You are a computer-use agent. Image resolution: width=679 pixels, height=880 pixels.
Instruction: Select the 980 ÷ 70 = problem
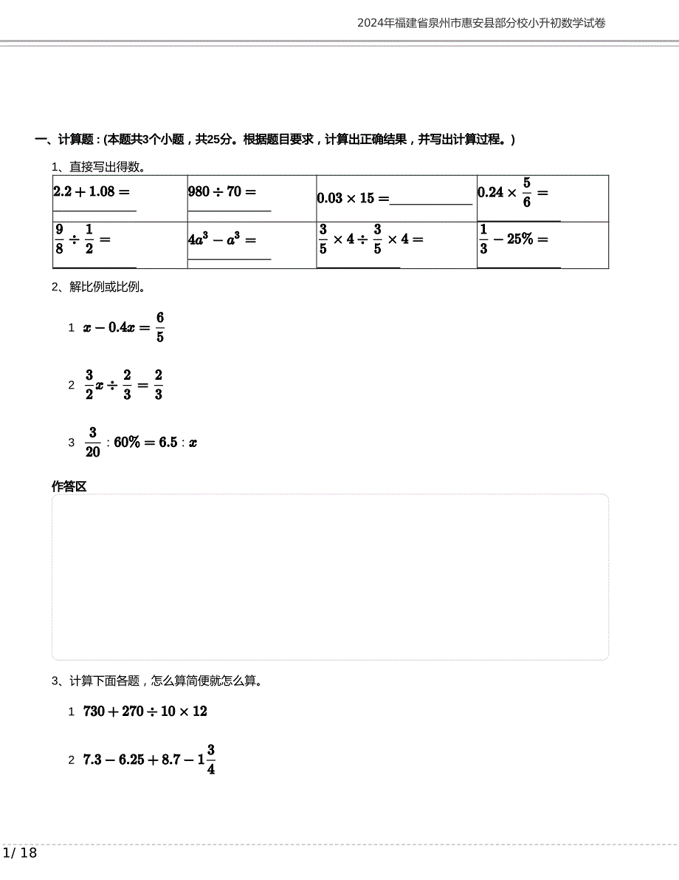[222, 192]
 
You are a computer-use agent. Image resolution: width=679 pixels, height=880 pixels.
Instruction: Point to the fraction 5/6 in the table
[526, 192]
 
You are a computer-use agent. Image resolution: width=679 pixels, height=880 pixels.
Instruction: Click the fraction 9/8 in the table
[60, 239]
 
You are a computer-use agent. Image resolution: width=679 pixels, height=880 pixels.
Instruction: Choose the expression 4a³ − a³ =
[222, 239]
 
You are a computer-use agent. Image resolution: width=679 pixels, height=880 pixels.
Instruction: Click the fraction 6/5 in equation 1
[160, 327]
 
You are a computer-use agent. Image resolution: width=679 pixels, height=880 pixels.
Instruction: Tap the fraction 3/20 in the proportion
[93, 442]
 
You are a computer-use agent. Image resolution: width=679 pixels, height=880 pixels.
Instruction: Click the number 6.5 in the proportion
[168, 443]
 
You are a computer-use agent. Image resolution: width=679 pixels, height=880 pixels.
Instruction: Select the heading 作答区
[69, 486]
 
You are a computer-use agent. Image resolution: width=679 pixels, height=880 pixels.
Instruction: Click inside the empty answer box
[330, 577]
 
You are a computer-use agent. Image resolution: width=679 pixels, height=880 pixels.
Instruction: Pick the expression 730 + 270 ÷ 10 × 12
[145, 712]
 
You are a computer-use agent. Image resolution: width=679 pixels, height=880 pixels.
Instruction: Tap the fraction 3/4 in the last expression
[210, 759]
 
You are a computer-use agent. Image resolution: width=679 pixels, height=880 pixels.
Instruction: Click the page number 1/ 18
[20, 853]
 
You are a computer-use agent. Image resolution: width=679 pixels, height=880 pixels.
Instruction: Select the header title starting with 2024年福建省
[481, 23]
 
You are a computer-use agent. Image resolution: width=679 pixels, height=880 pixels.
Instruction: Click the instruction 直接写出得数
[107, 166]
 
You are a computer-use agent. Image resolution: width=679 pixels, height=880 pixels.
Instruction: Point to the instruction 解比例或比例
[107, 287]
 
